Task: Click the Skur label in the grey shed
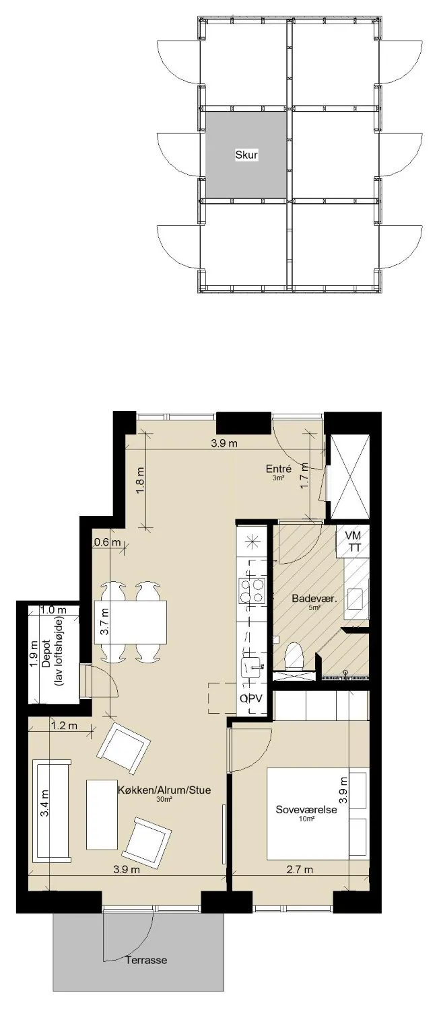click(246, 155)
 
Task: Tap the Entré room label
click(279, 470)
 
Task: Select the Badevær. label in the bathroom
click(315, 599)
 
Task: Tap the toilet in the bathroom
click(295, 657)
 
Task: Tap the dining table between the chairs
click(130, 622)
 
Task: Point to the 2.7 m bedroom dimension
click(300, 869)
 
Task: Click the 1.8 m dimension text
click(140, 481)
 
